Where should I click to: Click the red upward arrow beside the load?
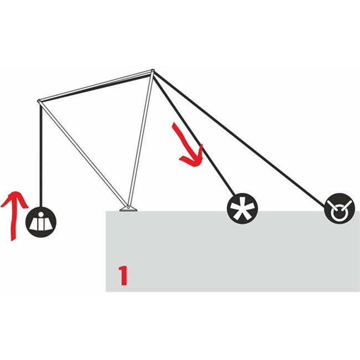pos(13,216)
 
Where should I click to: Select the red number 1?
pos(124,275)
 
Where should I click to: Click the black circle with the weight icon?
pos(41,222)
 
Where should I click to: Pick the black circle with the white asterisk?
pos(243,208)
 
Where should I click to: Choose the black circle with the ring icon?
pos(340,208)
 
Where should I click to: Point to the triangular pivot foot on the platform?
pos(128,208)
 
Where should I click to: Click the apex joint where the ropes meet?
pos(152,70)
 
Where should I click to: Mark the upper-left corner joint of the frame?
pos(39,101)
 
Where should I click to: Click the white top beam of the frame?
pos(96,86)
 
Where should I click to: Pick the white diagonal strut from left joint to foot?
pos(83,154)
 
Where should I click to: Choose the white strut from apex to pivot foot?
pos(141,139)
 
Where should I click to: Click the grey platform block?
pos(233,251)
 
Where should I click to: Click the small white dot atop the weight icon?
pos(41,214)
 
